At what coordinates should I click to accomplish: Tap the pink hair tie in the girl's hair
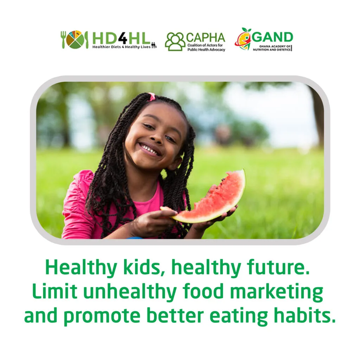click(x=152, y=97)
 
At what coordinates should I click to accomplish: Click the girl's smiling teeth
click(x=149, y=149)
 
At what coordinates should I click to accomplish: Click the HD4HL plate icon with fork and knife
click(x=75, y=39)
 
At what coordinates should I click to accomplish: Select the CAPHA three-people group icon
click(x=175, y=41)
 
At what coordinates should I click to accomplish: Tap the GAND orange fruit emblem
click(x=243, y=39)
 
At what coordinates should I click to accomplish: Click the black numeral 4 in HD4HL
click(x=123, y=38)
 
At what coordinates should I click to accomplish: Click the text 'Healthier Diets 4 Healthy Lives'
click(x=121, y=47)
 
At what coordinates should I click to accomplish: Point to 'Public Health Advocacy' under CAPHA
click(x=206, y=50)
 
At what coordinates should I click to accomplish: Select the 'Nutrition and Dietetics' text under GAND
click(x=272, y=50)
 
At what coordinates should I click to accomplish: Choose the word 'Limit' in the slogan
click(x=54, y=291)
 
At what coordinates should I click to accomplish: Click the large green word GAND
click(x=272, y=37)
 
